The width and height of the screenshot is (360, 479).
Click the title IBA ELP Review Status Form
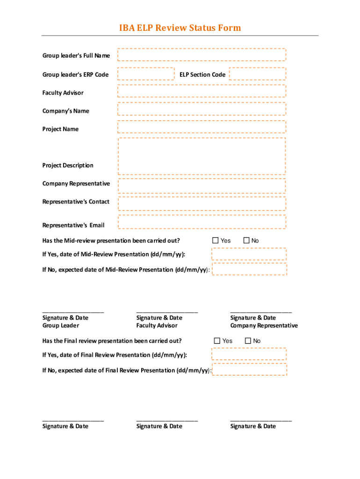[x=180, y=28]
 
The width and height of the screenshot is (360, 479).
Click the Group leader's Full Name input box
[x=202, y=55]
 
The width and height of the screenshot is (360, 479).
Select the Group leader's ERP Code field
[x=146, y=74]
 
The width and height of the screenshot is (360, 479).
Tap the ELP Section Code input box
[x=257, y=74]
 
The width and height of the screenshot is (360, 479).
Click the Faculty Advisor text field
[x=202, y=92]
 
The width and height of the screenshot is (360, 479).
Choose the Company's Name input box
[x=202, y=109]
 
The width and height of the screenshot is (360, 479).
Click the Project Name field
[x=202, y=127]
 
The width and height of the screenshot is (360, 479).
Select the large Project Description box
[x=202, y=156]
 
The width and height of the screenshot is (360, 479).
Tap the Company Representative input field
[x=202, y=186]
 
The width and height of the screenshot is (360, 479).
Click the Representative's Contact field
[x=202, y=204]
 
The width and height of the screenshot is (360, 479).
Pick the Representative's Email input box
[x=202, y=222]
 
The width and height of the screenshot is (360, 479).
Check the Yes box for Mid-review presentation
[x=216, y=240]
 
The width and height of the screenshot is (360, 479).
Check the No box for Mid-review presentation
[x=246, y=240]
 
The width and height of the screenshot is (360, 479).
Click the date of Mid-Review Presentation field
[x=249, y=254]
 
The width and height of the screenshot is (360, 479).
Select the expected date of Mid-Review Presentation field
[x=249, y=269]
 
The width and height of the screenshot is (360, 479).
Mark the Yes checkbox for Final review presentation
[x=217, y=341]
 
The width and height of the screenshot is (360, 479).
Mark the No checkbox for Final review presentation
[x=248, y=341]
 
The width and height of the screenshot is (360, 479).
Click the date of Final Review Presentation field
[x=249, y=354]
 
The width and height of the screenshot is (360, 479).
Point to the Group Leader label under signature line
[x=61, y=326]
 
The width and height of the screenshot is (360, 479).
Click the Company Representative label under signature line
[x=264, y=326]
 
